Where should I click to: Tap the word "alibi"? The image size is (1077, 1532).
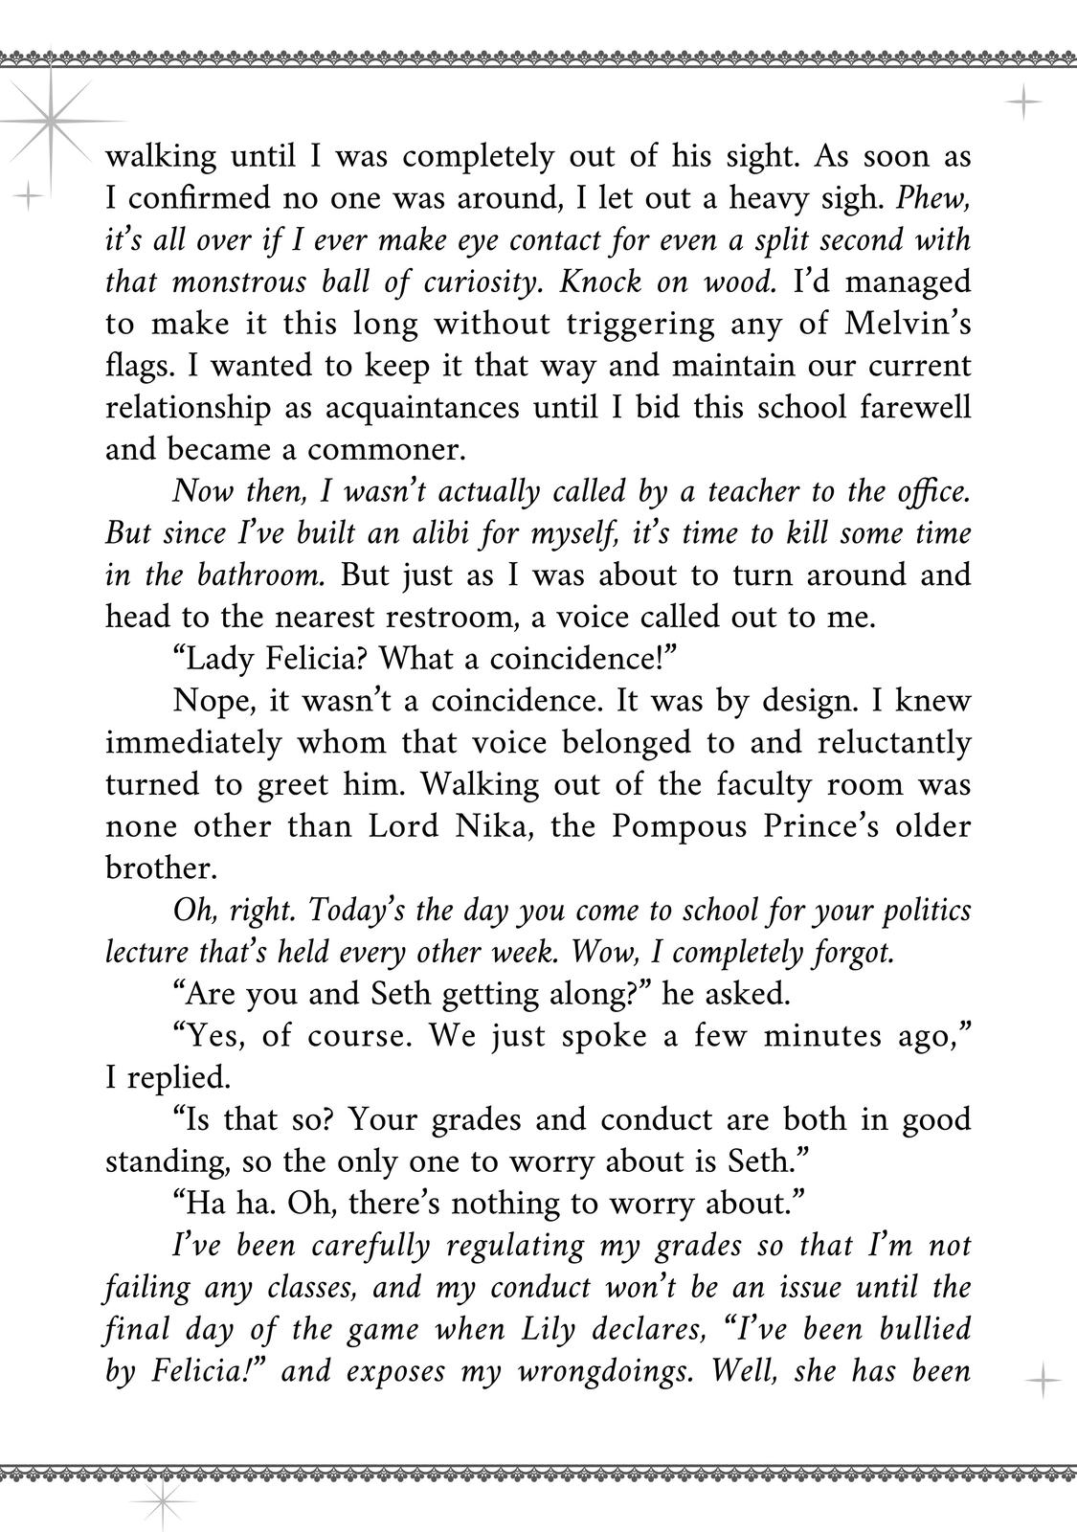click(x=431, y=533)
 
